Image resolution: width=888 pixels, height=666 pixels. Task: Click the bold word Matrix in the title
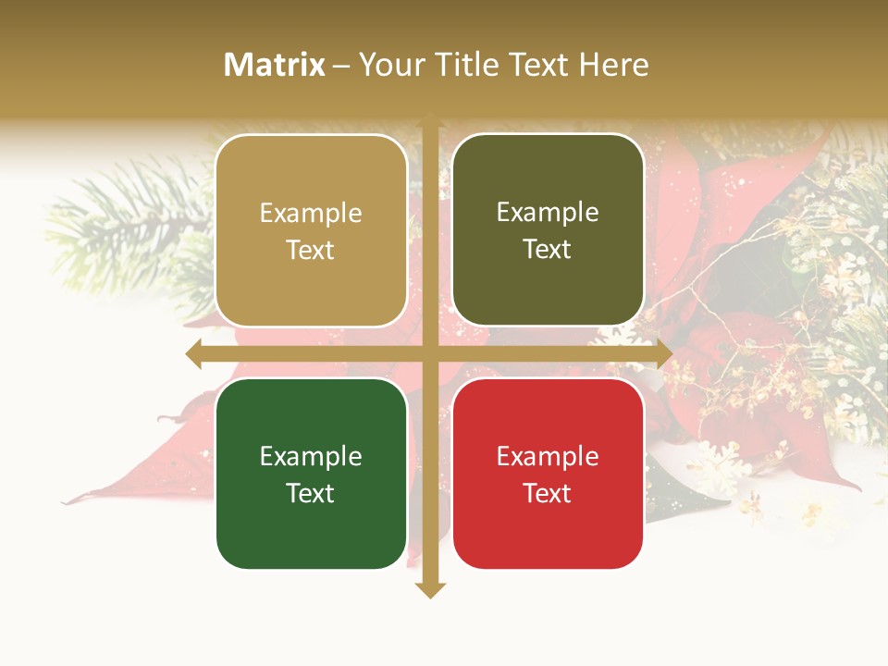[x=275, y=65]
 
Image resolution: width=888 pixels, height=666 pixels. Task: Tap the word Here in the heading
[x=614, y=65]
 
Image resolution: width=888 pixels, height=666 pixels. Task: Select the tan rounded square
[x=311, y=231]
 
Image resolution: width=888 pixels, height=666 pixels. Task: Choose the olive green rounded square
[x=548, y=231]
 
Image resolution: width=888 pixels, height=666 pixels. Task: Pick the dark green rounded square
[x=311, y=474]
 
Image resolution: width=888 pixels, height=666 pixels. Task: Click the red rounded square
[x=548, y=474]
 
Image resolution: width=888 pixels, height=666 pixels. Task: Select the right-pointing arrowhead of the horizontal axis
[x=663, y=354]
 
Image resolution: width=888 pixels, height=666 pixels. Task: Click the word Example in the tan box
[x=311, y=214]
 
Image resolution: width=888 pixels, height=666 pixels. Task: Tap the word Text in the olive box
[x=548, y=250]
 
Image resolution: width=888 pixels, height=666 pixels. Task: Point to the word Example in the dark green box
[x=311, y=456]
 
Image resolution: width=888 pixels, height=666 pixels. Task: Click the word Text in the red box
[x=548, y=493]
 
